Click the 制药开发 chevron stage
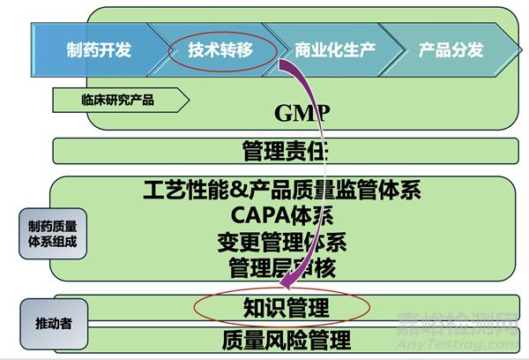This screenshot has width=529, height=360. (x=98, y=49)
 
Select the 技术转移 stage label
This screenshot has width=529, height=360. (x=220, y=49)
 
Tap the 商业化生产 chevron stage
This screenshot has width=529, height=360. (x=335, y=49)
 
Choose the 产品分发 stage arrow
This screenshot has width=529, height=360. (x=451, y=49)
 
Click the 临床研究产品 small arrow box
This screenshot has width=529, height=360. (x=116, y=100)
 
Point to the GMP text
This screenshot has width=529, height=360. (x=302, y=113)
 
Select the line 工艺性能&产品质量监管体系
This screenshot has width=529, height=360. (x=284, y=189)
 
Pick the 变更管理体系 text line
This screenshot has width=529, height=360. (x=284, y=240)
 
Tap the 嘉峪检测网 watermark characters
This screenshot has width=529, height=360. (x=462, y=324)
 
